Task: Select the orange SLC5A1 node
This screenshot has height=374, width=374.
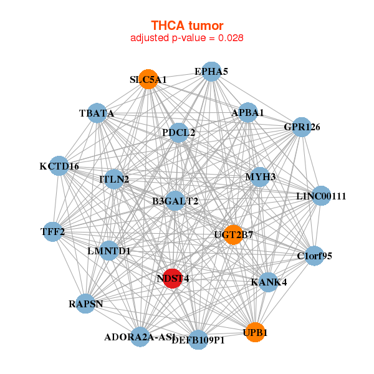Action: [x=148, y=79]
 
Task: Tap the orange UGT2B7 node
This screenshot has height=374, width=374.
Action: [x=233, y=235]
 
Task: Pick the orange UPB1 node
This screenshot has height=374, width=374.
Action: [x=254, y=333]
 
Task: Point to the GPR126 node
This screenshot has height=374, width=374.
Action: [x=302, y=127]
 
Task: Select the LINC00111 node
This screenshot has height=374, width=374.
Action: [x=321, y=196]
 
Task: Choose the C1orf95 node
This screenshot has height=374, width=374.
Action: [x=315, y=255]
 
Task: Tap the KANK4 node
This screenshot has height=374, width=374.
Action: [x=269, y=282]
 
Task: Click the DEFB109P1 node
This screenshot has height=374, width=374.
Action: [x=198, y=340]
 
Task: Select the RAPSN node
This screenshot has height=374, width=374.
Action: [x=86, y=304]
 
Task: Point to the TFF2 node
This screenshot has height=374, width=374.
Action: [x=53, y=233]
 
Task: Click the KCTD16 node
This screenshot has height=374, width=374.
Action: [x=59, y=166]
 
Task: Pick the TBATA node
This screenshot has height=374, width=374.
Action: [x=97, y=113]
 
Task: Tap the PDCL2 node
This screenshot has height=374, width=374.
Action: [x=178, y=132]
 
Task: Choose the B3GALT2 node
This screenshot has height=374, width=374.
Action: [x=175, y=201]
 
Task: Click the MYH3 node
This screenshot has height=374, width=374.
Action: [x=261, y=176]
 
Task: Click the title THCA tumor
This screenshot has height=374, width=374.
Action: [x=187, y=25]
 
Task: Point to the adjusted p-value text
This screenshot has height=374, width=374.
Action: [x=187, y=37]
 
